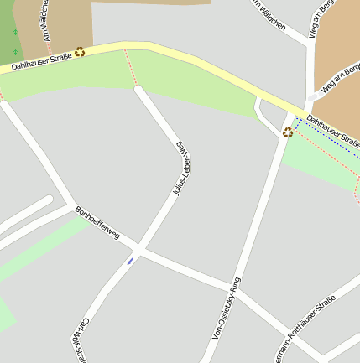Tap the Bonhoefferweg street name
[x=97, y=223]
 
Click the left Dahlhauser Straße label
[x=42, y=60]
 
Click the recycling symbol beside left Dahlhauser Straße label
[x=80, y=51]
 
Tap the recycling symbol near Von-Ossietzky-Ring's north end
[x=288, y=132]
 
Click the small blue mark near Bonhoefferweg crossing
[x=130, y=261]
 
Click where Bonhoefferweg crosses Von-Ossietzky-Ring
[x=228, y=283]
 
